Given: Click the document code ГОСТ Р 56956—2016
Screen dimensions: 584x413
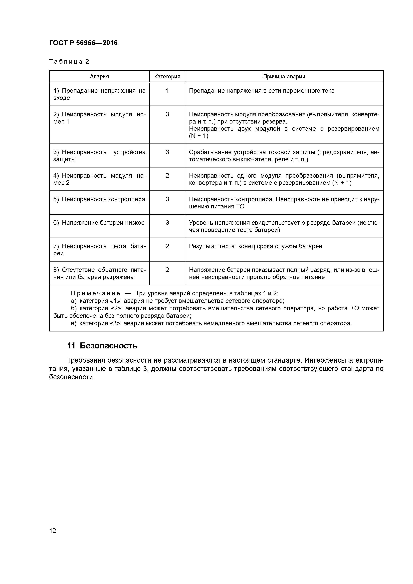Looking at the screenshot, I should pyautogui.click(x=83, y=43).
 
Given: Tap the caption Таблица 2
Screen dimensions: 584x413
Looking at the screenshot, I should pyautogui.click(x=69, y=62).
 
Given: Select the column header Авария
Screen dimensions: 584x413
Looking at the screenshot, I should pyautogui.click(x=99, y=77).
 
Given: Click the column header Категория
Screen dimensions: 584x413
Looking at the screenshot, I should pyautogui.click(x=167, y=77).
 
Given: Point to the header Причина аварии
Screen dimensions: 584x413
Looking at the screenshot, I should pyautogui.click(x=284, y=77).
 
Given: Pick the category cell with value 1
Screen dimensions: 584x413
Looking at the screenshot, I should pyautogui.click(x=167, y=91).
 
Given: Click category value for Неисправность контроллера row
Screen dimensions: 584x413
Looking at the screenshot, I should pyautogui.click(x=167, y=199).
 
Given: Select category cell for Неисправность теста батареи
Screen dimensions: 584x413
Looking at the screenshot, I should pyautogui.click(x=167, y=246).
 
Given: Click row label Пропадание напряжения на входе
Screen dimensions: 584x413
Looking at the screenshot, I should pyautogui.click(x=99, y=94).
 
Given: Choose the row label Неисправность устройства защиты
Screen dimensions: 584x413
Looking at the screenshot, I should pyautogui.click(x=99, y=156).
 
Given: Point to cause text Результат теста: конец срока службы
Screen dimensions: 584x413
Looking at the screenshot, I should pyautogui.click(x=255, y=246).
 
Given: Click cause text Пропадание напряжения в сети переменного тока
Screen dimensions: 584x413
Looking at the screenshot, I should pyautogui.click(x=262, y=91).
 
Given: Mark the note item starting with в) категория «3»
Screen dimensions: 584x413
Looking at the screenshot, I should pyautogui.click(x=211, y=323).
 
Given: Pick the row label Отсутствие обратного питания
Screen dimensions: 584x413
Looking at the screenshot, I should pyautogui.click(x=99, y=273).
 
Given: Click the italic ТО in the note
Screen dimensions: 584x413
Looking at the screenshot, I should pyautogui.click(x=355, y=308).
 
